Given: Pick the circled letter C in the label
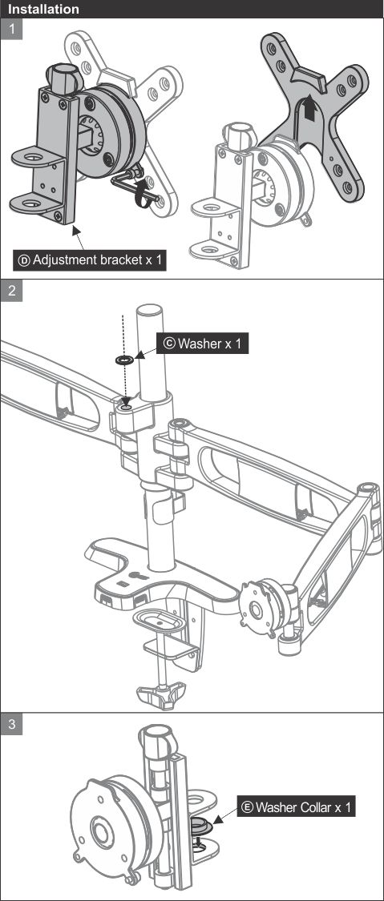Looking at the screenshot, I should [x=169, y=344].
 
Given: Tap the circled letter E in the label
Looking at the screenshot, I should [x=248, y=807].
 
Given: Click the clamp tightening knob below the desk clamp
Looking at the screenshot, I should [x=163, y=693].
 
